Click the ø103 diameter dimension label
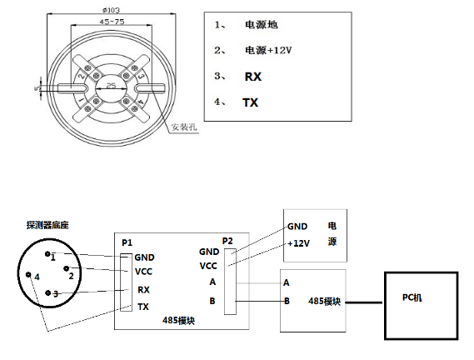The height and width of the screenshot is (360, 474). [x=112, y=10]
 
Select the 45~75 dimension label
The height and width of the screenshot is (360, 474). [x=112, y=22]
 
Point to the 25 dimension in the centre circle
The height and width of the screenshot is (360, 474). [x=112, y=86]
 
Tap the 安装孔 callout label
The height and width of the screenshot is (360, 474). [x=184, y=127]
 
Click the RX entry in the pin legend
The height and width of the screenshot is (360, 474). [x=253, y=77]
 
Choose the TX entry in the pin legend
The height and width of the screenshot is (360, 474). [x=251, y=102]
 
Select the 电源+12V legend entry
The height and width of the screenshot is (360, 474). [x=268, y=50]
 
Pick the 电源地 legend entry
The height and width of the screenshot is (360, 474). [x=262, y=24]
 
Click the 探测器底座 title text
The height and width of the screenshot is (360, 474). [x=47, y=225]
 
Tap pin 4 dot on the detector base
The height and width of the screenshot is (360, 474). [x=28, y=274]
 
